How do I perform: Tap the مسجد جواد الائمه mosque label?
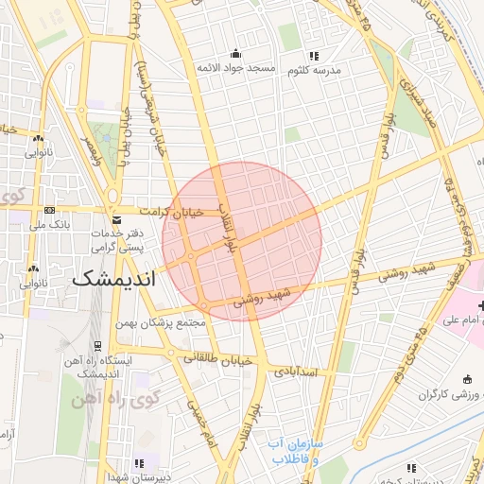click(235, 70)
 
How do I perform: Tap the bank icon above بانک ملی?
click(50, 211)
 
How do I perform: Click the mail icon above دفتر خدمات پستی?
click(117, 219)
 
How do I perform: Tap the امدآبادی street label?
click(301, 373)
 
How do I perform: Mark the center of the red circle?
click(242, 242)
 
